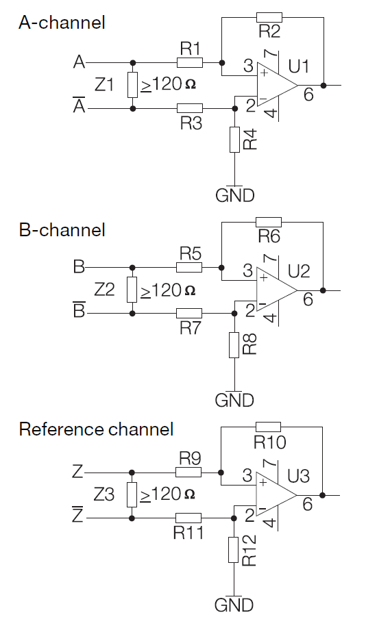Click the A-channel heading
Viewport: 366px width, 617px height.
click(x=62, y=23)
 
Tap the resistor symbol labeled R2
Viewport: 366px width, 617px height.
click(x=269, y=17)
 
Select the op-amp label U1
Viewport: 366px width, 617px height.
click(x=299, y=66)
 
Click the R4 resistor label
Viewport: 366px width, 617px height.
click(x=251, y=139)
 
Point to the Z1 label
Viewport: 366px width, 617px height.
click(x=104, y=85)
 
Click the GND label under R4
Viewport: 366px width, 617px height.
click(x=235, y=195)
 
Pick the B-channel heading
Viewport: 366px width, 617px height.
click(x=62, y=230)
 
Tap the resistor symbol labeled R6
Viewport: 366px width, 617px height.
click(x=269, y=222)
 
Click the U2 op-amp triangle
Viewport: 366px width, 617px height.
click(x=277, y=290)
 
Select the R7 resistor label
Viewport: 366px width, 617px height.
click(x=191, y=327)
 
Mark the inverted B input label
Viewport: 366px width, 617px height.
click(x=80, y=310)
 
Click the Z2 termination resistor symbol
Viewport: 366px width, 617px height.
click(x=132, y=290)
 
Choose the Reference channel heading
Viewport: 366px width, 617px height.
click(x=96, y=429)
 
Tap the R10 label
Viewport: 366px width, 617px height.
click(x=269, y=442)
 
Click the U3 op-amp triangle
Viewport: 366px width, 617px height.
click(x=276, y=495)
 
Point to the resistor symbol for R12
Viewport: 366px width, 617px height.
click(x=233, y=550)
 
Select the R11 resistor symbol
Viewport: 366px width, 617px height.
click(x=188, y=518)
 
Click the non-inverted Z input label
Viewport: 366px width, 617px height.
click(x=78, y=471)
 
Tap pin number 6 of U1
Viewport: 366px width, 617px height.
click(x=308, y=95)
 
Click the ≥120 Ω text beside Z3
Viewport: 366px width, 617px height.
click(x=168, y=494)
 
